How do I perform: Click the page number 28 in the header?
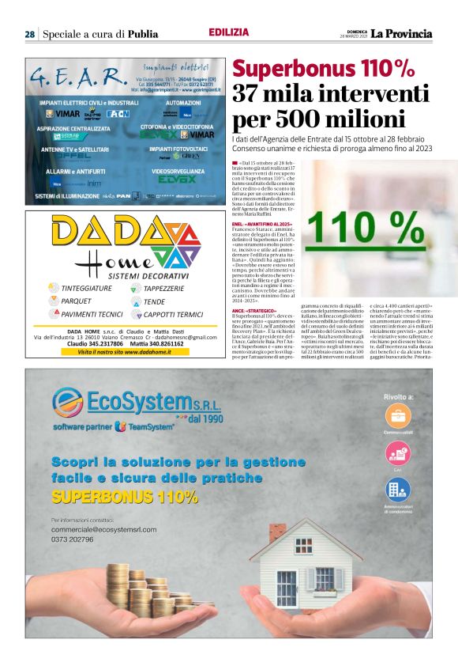point(29,34)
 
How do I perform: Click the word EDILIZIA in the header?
point(229,32)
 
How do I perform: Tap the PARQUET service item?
point(77,301)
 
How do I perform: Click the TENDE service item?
point(155,301)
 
